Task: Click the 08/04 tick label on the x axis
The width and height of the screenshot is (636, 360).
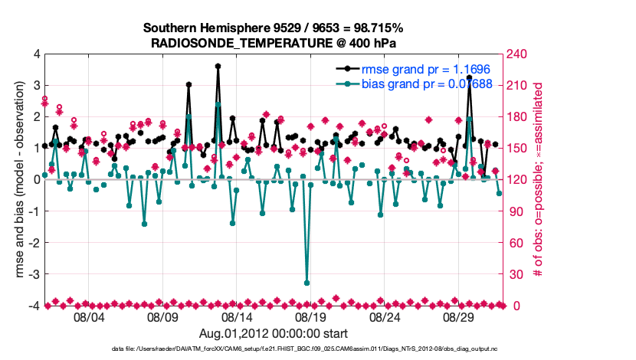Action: coord(88,316)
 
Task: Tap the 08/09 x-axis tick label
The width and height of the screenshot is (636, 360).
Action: coord(162,316)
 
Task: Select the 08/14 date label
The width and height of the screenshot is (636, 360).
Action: coord(237,316)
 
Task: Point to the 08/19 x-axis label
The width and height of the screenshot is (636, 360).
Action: coord(311,316)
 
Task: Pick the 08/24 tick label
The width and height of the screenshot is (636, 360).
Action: coord(385,316)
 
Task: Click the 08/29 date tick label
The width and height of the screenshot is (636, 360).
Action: coord(460,316)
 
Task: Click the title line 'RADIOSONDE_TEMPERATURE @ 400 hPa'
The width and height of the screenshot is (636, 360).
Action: coord(273,43)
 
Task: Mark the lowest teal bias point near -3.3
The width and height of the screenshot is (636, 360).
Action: coord(307,283)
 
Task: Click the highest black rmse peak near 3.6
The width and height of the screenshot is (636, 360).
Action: coord(218,67)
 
